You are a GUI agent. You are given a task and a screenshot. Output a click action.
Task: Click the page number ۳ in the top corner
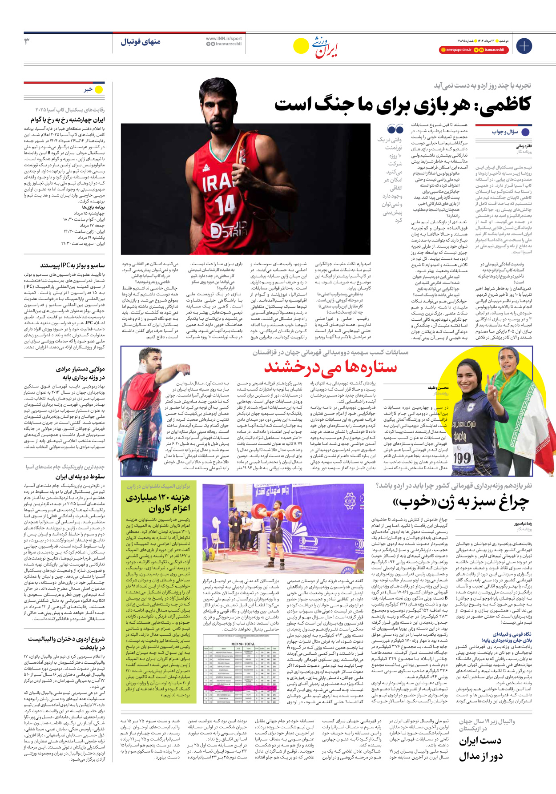pyautogui.click(x=27, y=41)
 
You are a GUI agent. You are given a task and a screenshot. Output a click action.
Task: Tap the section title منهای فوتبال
pyautogui.click(x=141, y=42)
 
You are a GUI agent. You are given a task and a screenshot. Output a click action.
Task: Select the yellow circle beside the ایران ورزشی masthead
pyautogui.click(x=301, y=46)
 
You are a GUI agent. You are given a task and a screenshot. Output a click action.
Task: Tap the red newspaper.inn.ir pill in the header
pyautogui.click(x=455, y=50)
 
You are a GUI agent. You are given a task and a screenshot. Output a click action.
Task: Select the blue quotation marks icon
pyautogui.click(x=395, y=129)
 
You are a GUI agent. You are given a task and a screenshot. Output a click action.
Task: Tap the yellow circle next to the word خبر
pyautogui.click(x=99, y=89)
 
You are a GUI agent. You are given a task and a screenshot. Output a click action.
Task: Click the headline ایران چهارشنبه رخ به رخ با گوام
pyautogui.click(x=68, y=120)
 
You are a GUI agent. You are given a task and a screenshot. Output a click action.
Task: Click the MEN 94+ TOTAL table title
pyautogui.click(x=243, y=644)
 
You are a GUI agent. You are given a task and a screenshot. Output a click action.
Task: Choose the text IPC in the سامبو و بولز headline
pyautogui.click(x=66, y=266)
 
